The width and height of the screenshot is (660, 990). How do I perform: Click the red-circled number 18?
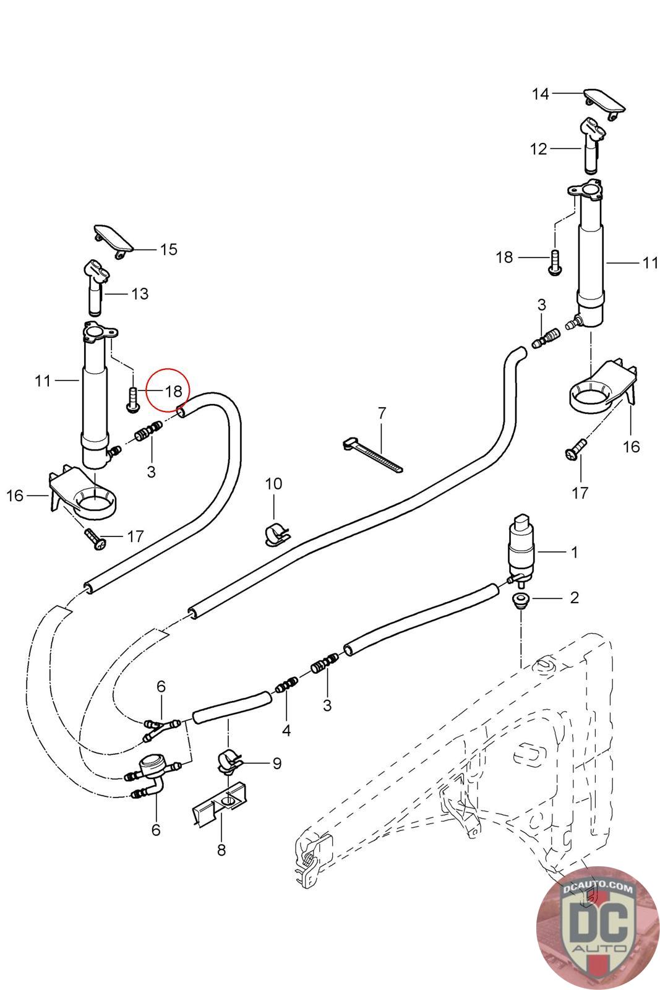click(173, 391)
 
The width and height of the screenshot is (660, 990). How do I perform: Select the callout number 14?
click(540, 93)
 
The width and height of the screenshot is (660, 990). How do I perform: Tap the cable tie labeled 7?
click(373, 455)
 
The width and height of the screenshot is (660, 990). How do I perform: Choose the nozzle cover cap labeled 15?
click(113, 241)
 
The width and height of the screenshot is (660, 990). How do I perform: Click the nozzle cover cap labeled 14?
click(604, 104)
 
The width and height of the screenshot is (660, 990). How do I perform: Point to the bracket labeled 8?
click(220, 807)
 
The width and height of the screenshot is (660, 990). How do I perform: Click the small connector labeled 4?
click(286, 686)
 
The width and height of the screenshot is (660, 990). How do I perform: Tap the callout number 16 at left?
click(15, 496)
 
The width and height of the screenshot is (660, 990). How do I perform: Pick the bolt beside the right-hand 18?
click(555, 264)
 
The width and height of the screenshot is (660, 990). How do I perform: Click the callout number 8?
click(221, 850)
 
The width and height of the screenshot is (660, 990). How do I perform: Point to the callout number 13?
click(140, 293)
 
